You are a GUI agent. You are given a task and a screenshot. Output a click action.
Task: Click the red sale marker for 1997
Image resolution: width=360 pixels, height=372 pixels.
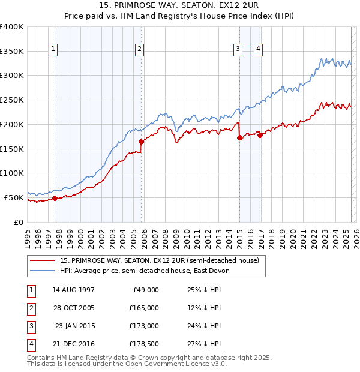tap(55, 198)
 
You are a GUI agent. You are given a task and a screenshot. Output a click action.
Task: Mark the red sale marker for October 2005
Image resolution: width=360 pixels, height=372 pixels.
tap(142, 142)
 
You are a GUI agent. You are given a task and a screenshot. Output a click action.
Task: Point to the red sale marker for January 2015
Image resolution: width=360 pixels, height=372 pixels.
tap(239, 137)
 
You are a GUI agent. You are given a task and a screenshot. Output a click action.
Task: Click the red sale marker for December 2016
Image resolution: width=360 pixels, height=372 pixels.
tap(260, 135)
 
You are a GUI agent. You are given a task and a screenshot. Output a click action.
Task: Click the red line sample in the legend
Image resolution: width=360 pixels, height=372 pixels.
tap(43, 260)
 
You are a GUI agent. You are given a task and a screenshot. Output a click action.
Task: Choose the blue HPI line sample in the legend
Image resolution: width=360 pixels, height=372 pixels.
tap(43, 271)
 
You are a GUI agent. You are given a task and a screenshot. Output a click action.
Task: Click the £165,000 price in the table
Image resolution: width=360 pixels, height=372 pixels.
tap(145, 308)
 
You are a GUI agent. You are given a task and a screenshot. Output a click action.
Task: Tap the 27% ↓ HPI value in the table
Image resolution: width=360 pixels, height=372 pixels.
tap(203, 344)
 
